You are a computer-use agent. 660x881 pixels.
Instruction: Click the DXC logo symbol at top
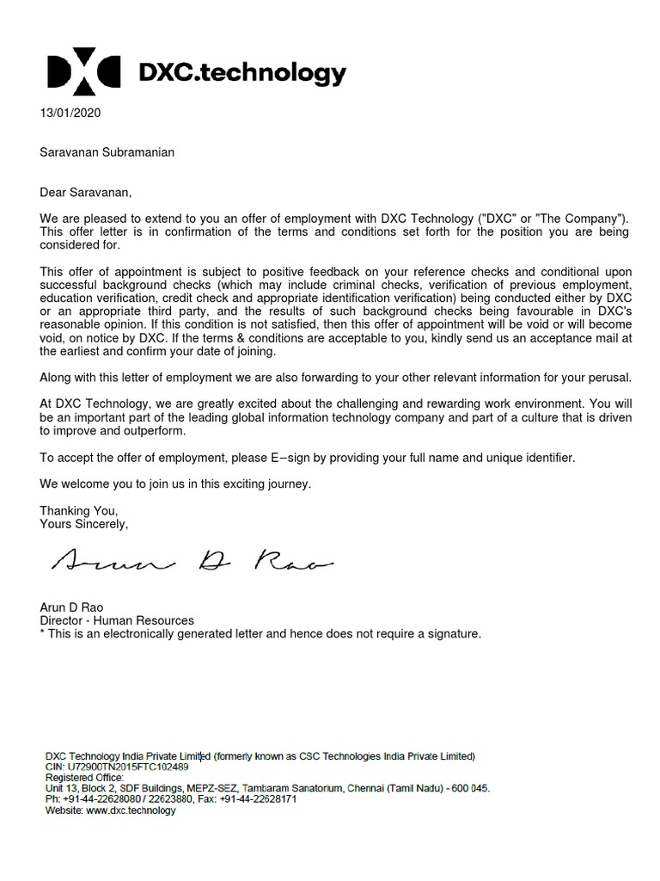[84, 73]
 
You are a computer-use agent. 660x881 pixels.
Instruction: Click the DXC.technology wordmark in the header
[242, 74]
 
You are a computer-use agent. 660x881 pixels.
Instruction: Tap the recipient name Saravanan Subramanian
[107, 152]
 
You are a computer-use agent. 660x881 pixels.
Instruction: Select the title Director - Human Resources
[117, 620]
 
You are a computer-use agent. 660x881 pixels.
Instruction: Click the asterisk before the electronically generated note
[42, 634]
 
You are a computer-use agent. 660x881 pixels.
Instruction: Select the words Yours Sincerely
[83, 523]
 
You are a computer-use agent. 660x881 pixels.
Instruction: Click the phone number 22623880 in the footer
[167, 799]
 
